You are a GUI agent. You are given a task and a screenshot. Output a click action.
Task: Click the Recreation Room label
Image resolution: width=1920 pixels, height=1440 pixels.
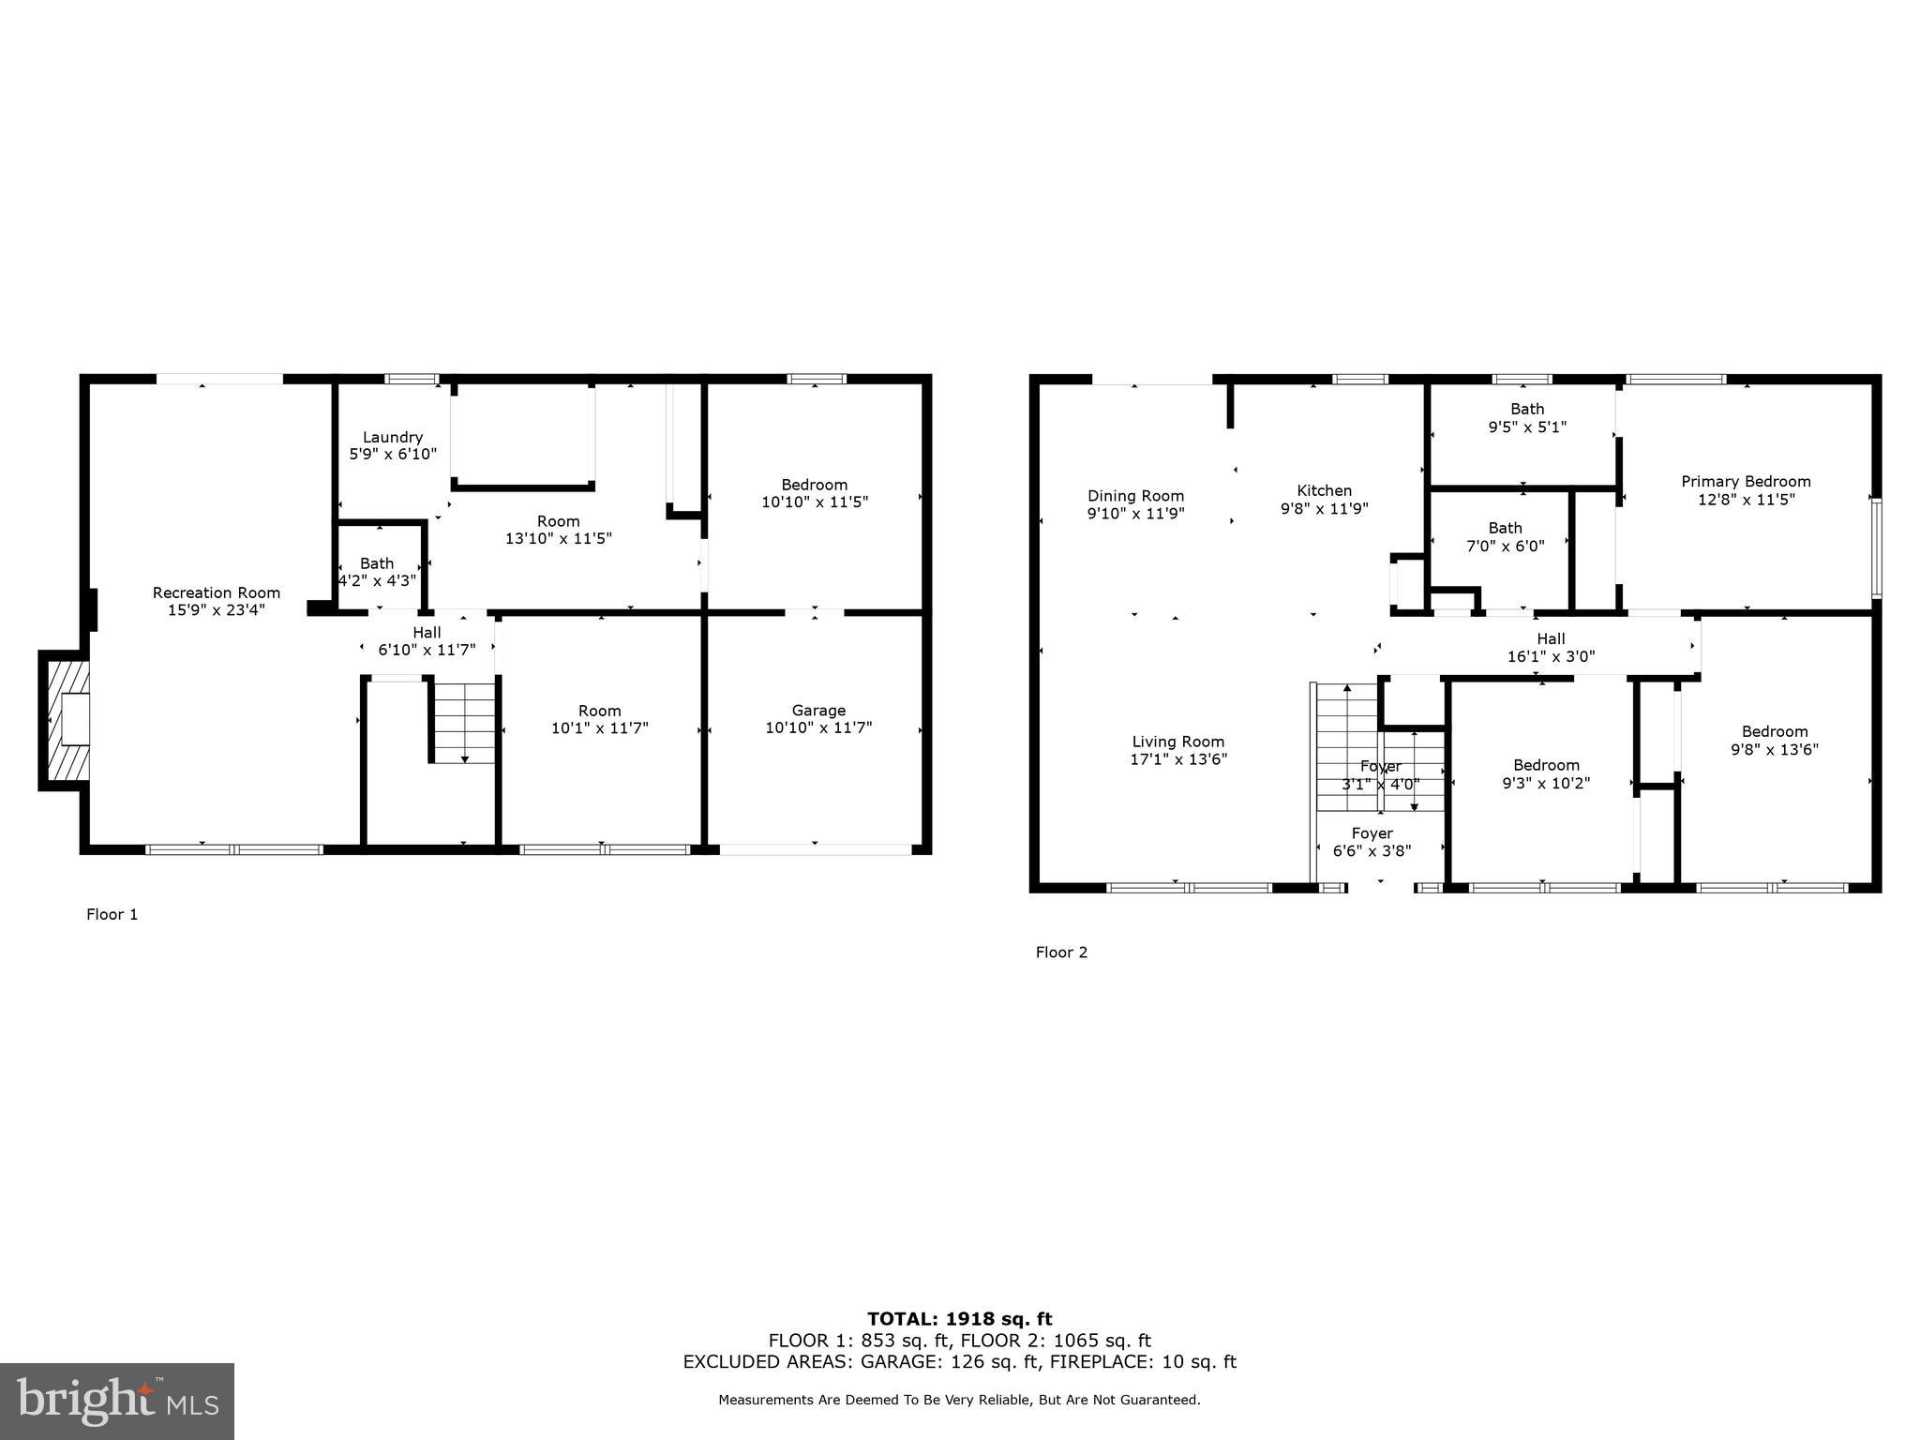(217, 592)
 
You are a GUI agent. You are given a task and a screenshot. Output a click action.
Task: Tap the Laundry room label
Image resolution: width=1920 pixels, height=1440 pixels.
(393, 437)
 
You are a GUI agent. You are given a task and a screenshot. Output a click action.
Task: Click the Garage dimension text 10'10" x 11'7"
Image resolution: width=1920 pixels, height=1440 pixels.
(818, 727)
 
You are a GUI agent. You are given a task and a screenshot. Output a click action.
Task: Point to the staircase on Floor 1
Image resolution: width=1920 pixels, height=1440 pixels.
(463, 723)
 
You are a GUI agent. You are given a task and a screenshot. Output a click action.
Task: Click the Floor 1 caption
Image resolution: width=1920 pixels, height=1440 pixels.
(112, 914)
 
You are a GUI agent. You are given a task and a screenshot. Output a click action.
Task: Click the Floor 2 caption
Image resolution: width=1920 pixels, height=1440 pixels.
(1061, 952)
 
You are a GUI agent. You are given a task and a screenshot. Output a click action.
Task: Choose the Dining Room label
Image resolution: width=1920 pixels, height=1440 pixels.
(1135, 496)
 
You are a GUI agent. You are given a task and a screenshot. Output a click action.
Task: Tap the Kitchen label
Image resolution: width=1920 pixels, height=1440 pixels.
(1324, 490)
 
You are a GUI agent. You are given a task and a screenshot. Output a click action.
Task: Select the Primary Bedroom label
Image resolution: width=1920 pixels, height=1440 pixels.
(1746, 482)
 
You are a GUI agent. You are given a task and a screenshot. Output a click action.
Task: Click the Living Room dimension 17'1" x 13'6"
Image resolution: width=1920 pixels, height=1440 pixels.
(1178, 759)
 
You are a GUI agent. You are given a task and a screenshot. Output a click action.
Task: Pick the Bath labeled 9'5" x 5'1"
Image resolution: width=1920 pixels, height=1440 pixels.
(1527, 417)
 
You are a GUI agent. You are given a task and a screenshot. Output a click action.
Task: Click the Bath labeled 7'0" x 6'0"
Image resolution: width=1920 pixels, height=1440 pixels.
(1505, 536)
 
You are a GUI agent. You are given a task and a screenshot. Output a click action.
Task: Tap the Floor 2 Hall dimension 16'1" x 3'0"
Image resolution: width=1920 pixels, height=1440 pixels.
(1551, 657)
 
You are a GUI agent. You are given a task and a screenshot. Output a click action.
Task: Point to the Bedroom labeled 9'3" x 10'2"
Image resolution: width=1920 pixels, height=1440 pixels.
(1546, 774)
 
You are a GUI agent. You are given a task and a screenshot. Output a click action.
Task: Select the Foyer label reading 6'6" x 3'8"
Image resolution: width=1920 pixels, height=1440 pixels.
(1372, 842)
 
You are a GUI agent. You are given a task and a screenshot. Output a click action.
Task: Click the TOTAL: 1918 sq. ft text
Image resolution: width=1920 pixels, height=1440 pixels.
(959, 1319)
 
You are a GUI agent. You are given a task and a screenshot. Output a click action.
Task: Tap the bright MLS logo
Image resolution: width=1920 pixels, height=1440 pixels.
(117, 1401)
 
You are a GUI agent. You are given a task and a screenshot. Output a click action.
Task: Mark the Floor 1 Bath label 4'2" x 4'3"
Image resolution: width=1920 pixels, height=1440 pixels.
(377, 572)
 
